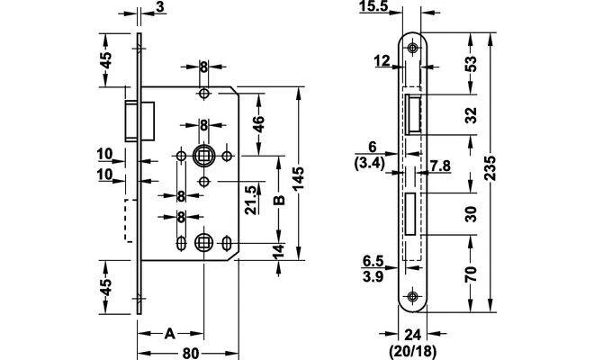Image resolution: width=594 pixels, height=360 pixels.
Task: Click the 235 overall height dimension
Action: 491,168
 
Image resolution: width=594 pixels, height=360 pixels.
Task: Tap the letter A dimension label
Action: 170,334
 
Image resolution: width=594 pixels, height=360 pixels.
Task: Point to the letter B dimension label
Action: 279,200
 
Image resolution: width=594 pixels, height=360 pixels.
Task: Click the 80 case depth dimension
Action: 190,353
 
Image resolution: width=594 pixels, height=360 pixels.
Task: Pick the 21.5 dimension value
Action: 251,200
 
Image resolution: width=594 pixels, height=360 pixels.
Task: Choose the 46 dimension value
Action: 258,124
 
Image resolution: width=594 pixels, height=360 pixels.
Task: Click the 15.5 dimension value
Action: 375,6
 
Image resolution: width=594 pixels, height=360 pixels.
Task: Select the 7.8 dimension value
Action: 440,166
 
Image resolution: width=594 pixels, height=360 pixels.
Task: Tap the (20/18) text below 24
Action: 413,351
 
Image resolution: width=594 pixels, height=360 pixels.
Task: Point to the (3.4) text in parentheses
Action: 370,164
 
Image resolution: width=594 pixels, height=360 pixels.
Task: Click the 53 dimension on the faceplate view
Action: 471,64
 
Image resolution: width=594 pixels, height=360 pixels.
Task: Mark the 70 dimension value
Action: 471,274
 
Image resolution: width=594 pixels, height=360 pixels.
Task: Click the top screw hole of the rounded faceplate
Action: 412,48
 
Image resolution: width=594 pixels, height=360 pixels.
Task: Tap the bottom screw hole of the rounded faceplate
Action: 412,296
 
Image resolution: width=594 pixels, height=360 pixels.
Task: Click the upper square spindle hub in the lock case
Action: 203,155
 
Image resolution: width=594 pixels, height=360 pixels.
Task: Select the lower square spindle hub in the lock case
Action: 203,242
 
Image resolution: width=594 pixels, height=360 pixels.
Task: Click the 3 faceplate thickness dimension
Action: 161,7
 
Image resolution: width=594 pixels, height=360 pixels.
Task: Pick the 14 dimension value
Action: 278,251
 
